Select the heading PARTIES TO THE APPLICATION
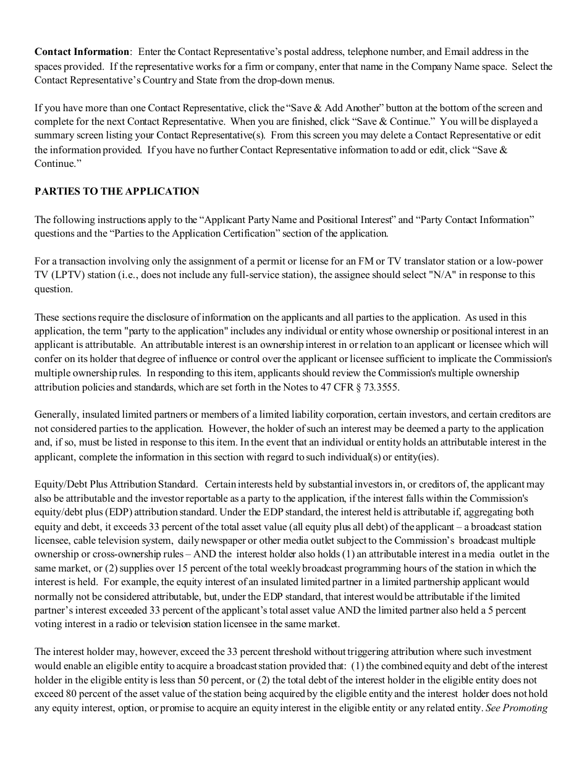pyautogui.click(x=117, y=192)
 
